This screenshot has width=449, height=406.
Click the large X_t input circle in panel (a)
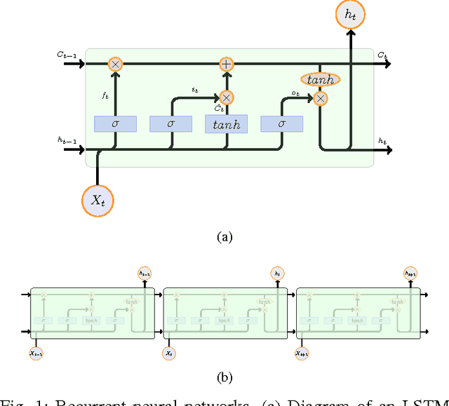click(97, 200)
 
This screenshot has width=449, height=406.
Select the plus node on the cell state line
click(226, 64)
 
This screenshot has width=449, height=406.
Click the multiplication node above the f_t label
click(116, 64)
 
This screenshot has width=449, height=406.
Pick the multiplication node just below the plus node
click(226, 98)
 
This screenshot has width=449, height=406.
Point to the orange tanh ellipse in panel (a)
click(321, 80)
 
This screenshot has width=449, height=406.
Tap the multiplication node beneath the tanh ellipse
click(321, 99)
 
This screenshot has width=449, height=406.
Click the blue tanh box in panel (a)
click(226, 124)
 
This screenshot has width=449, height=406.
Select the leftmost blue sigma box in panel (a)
click(116, 124)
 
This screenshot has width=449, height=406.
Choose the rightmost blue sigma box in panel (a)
click(281, 124)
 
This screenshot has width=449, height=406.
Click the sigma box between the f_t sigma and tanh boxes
click(170, 124)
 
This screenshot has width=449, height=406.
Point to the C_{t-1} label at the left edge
click(67, 53)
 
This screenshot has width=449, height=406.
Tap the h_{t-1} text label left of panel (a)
click(67, 140)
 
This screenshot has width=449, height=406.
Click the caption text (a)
click(224, 237)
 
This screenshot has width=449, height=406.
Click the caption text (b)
click(224, 378)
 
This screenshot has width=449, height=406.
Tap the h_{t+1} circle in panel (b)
click(411, 273)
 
